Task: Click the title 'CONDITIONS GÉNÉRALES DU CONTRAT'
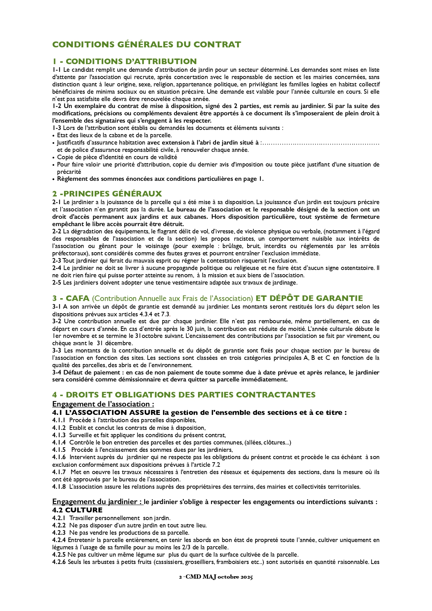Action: point(147,45)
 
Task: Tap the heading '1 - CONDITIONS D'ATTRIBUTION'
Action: point(125,61)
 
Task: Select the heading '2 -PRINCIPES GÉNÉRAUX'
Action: point(107,194)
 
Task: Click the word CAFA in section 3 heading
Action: point(78,299)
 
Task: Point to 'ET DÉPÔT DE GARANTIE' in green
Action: point(309,299)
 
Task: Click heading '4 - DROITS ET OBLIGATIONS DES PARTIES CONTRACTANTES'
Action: point(184,395)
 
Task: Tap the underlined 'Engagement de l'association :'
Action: point(103,404)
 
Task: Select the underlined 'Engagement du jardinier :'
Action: point(97,502)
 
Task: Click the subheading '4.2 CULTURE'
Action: point(77,510)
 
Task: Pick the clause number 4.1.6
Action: point(59,457)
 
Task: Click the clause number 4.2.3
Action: point(59,533)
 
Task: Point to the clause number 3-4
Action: point(57,372)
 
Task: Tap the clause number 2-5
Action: point(57,283)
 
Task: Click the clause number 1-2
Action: point(57,106)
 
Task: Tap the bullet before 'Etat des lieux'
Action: point(54,136)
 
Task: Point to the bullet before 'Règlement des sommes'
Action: point(54,179)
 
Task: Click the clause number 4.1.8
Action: point(59,487)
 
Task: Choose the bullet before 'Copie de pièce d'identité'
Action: point(54,157)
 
